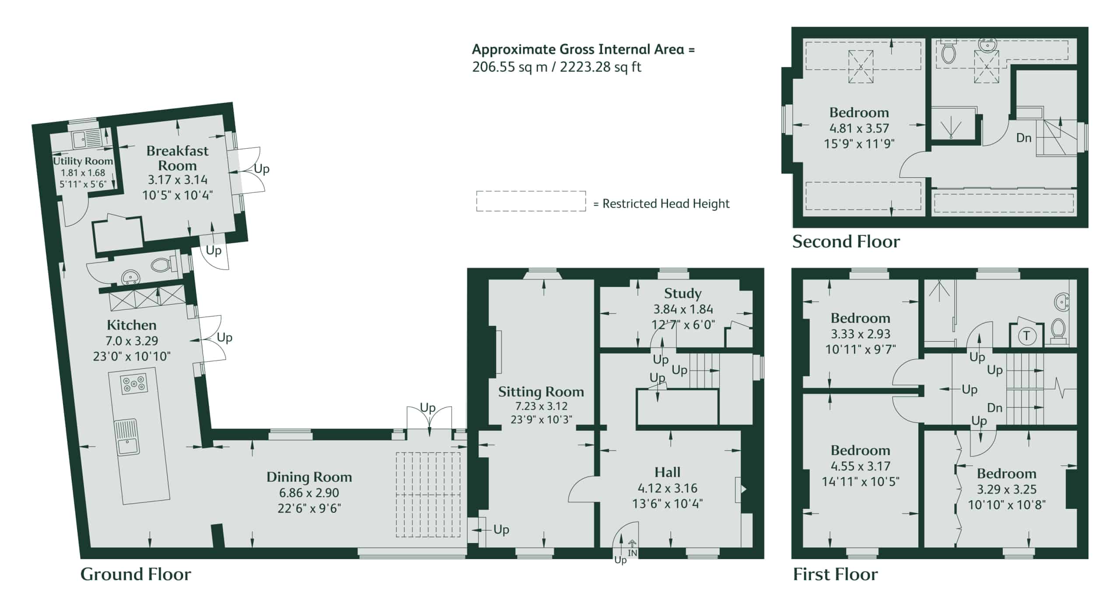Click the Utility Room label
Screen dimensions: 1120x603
coord(83,161)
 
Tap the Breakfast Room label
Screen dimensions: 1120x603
coord(177,158)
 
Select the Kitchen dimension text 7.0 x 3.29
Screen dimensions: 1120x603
coord(132,340)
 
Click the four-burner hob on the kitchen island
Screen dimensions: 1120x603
coord(134,384)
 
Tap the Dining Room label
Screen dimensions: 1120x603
coord(309,477)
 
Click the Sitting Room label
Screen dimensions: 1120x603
coord(541,392)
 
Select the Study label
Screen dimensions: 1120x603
coord(683,294)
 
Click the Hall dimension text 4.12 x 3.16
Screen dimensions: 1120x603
coord(668,488)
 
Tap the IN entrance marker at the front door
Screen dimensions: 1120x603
coord(633,553)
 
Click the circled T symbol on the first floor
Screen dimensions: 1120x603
coord(1026,336)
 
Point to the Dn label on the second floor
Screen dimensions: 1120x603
coord(1023,138)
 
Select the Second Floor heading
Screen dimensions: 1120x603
coord(846,242)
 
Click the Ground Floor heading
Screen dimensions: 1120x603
coord(136,574)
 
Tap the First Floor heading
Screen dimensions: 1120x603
coord(835,574)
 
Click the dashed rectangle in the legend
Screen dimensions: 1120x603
coord(531,201)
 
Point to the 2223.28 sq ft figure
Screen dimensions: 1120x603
coord(600,67)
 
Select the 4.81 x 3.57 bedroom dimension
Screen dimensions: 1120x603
coord(859,128)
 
